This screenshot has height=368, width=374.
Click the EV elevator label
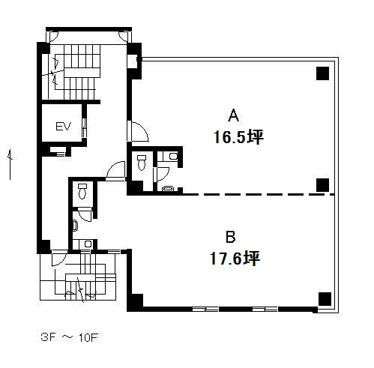[63, 127]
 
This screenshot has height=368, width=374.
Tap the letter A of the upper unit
[234, 115]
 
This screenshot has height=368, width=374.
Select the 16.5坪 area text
[238, 137]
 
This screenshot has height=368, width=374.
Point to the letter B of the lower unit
[231, 237]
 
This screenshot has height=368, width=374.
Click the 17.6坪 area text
[235, 259]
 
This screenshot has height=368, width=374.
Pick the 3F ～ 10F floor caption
[70, 337]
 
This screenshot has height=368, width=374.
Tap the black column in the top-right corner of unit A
[322, 73]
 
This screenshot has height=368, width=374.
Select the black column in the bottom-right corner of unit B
[325, 299]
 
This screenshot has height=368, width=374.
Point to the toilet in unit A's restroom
[142, 163]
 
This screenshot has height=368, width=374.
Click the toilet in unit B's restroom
[82, 191]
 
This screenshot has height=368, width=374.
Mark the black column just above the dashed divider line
[322, 185]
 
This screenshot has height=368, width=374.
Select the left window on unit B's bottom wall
[205, 310]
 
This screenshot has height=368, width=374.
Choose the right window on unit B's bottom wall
[265, 310]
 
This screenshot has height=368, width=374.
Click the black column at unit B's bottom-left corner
[135, 301]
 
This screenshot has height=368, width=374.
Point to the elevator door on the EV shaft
[84, 127]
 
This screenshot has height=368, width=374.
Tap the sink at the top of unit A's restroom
[173, 157]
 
